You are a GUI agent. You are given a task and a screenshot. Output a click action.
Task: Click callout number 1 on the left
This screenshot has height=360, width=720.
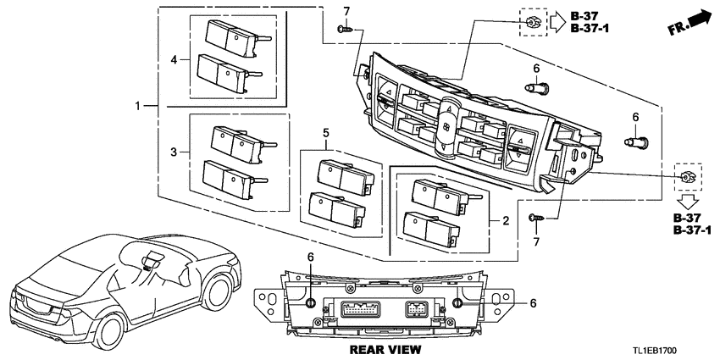139,107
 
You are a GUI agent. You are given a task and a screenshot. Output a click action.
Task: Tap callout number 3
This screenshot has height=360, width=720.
174,152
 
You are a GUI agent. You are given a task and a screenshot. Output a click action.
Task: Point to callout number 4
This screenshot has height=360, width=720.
174,60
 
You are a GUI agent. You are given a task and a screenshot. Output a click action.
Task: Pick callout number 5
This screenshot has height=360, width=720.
324,133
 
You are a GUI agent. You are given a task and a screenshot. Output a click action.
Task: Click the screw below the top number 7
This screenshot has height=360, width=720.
342,30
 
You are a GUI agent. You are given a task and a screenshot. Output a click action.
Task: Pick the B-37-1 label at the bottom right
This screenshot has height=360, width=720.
692,231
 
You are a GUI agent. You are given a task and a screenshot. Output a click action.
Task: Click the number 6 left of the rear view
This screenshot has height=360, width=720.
310,257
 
